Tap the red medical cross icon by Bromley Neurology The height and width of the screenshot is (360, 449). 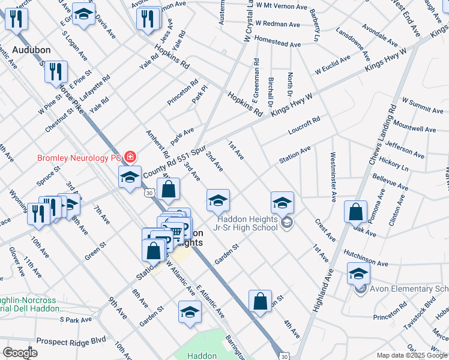tap(129, 158)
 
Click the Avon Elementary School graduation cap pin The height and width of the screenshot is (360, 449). tap(358, 274)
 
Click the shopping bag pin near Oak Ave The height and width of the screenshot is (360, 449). tap(356, 211)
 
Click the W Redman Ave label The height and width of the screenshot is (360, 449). tap(277, 24)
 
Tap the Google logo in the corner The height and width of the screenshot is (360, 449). tap(20, 353)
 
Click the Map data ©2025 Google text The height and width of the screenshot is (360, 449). tap(411, 356)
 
